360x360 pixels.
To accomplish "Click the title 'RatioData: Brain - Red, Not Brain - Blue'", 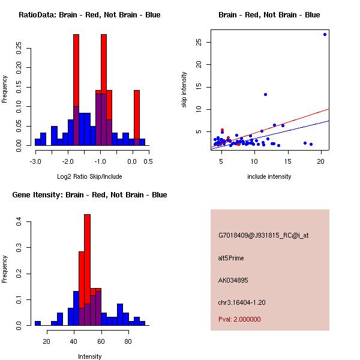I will point(89,15).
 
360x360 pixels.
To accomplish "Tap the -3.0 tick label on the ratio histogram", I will point(35,161).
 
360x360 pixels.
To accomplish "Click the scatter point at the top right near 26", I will point(325,34).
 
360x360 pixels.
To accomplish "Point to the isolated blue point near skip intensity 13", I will point(265,94).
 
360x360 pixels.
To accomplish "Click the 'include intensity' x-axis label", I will point(269,176).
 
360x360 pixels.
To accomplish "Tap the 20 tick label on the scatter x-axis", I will point(321,161).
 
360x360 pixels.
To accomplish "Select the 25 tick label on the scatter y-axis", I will point(197,42).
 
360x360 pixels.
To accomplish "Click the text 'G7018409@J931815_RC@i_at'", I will point(263,236).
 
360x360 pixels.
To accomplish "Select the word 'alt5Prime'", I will point(231,258).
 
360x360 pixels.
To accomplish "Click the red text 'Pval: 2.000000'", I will point(239,319).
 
